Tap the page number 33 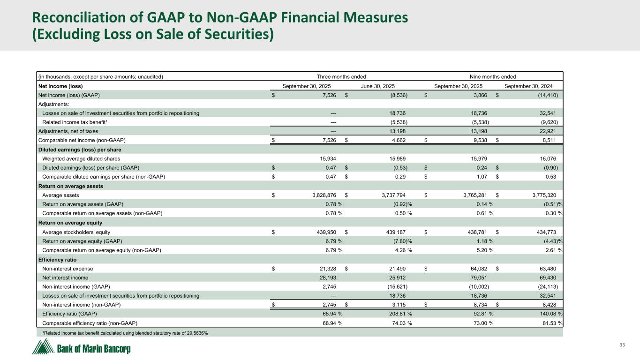pos(622,345)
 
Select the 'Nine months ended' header pos(493,76)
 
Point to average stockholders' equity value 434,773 pos(548,232)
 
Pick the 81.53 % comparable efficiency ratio pos(551,323)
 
